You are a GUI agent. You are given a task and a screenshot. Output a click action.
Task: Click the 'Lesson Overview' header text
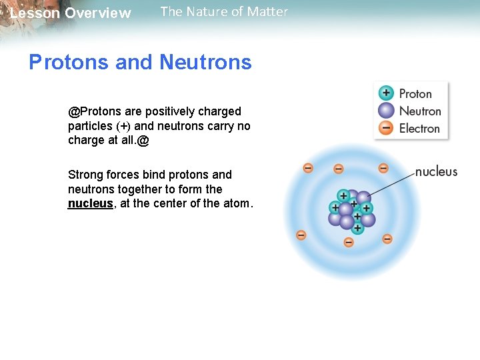click(x=71, y=13)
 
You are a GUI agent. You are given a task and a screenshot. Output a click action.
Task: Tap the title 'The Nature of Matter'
click(x=224, y=11)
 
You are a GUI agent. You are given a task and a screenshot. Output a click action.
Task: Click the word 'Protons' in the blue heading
click(x=69, y=62)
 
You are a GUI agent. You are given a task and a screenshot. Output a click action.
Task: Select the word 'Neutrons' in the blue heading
click(x=206, y=62)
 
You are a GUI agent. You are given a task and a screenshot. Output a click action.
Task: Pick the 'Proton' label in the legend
click(x=415, y=94)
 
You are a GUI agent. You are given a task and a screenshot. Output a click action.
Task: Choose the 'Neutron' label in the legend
click(x=420, y=111)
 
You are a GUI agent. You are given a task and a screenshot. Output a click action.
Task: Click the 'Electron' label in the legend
click(x=419, y=128)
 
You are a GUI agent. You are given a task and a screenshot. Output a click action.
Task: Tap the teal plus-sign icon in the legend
click(x=386, y=93)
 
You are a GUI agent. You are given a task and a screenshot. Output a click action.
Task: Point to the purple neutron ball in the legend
click(x=386, y=111)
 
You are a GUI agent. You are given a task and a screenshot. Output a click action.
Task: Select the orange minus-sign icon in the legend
click(x=386, y=128)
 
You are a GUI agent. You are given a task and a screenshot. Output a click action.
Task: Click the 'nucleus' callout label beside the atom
click(x=436, y=172)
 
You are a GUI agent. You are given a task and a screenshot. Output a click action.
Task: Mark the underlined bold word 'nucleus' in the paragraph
click(x=90, y=204)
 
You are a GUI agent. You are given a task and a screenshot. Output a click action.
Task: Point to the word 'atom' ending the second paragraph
click(x=238, y=204)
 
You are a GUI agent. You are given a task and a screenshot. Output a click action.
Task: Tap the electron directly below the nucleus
click(x=348, y=242)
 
